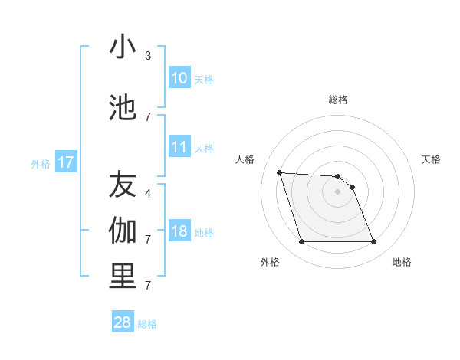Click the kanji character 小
123,47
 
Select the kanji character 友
123,185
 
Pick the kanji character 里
123,277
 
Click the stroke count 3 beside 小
148,56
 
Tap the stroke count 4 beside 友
148,193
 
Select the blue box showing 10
179,78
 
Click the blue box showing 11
179,148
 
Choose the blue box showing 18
179,231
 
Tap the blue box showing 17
65,162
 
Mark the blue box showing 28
123,322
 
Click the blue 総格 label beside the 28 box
147,324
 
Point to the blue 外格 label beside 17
41,163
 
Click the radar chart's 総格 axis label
338,100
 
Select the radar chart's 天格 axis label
432,159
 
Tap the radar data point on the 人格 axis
279,172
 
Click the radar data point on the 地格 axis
373,242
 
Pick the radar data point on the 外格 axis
301,242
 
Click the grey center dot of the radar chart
337,191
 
